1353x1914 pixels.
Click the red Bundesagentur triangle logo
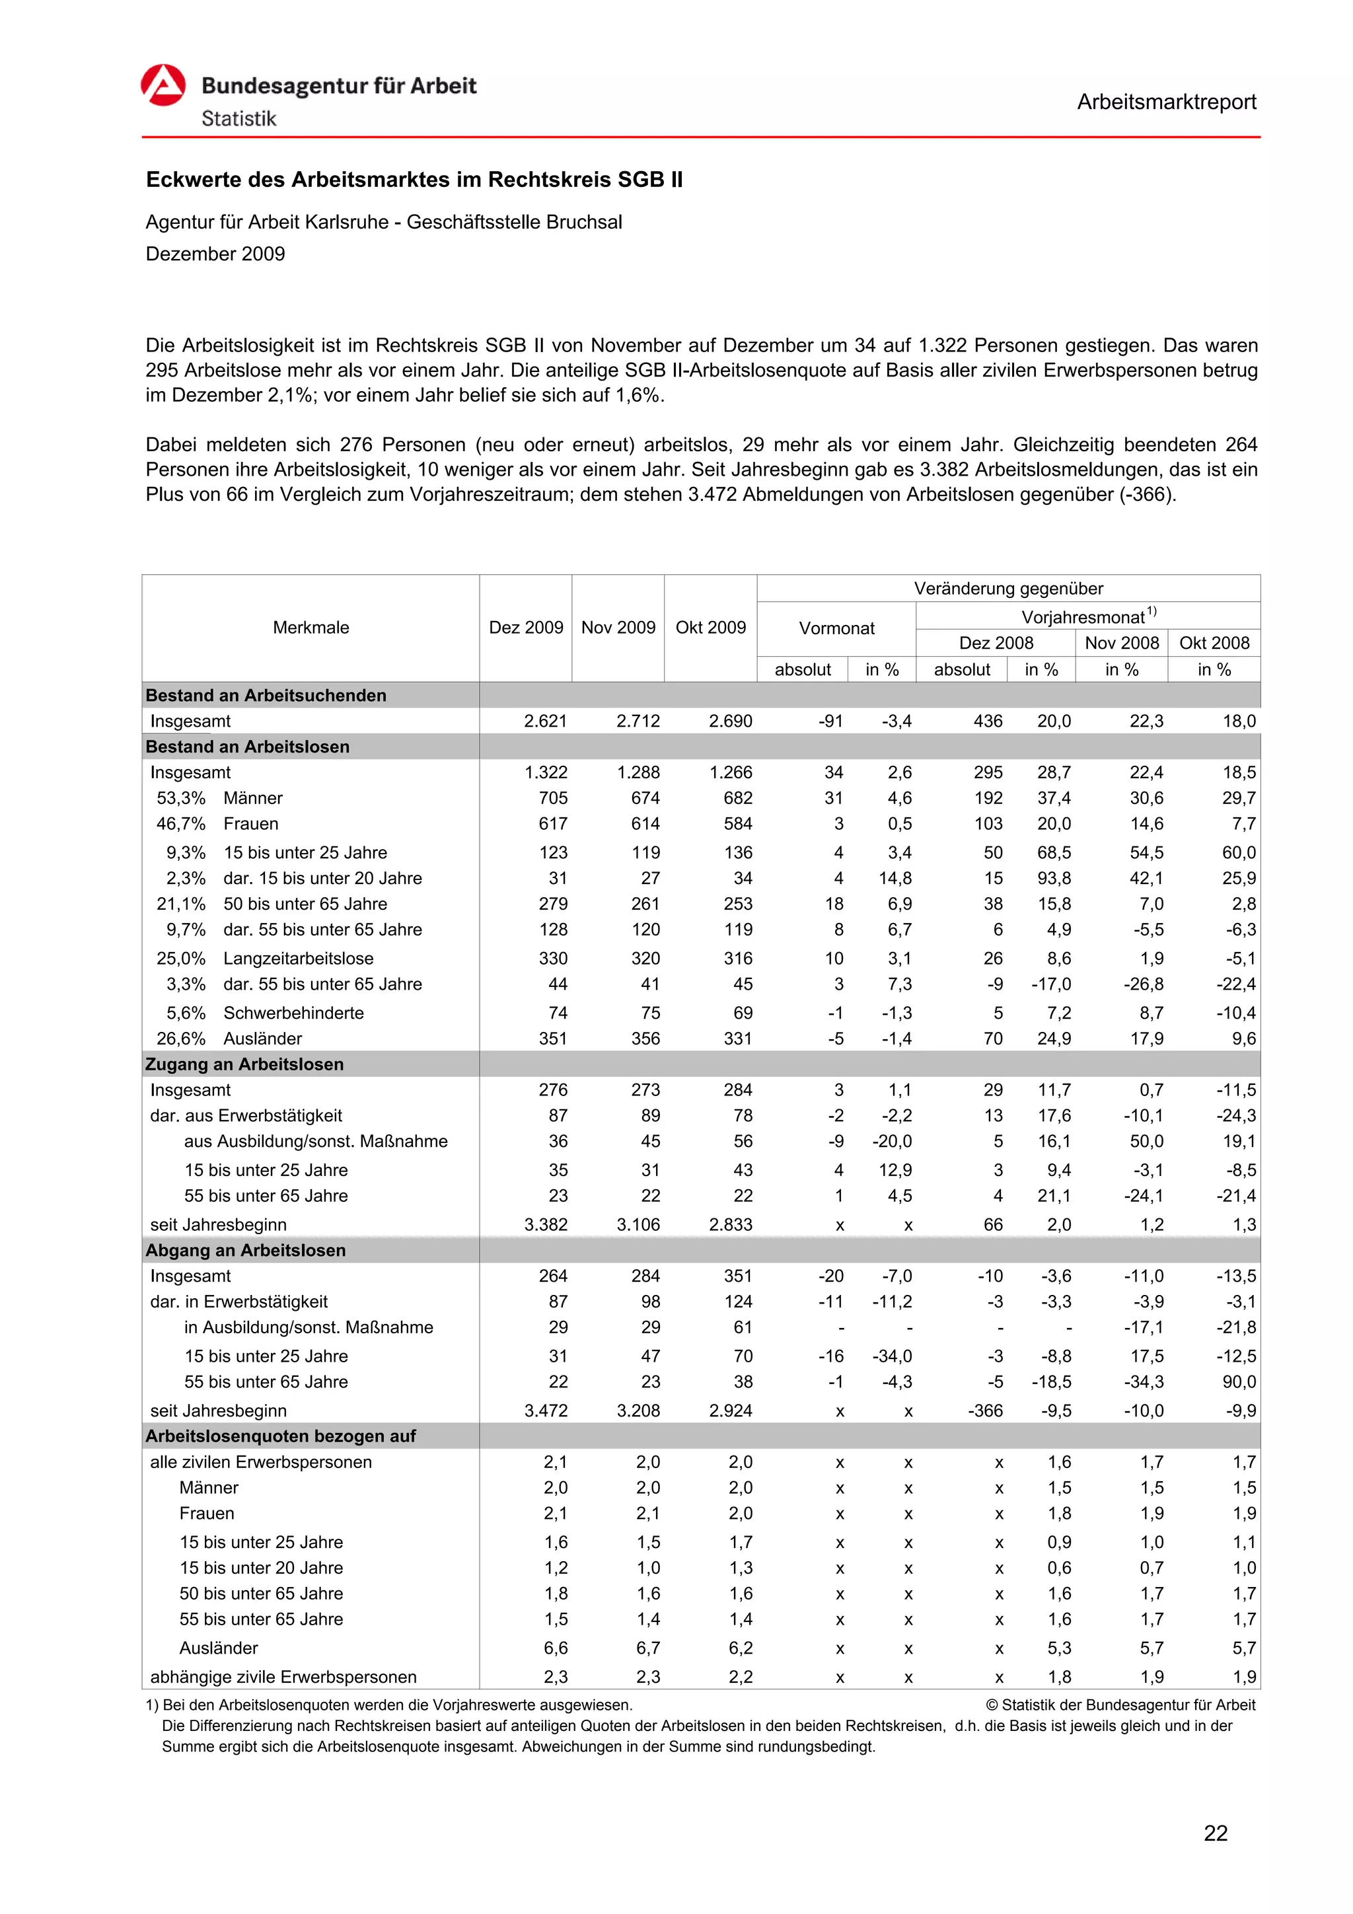click(163, 85)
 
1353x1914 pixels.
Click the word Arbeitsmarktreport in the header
click(1165, 102)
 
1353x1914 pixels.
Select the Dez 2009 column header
click(525, 627)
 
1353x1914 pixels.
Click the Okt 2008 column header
click(1214, 643)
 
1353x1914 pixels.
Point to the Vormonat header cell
click(836, 628)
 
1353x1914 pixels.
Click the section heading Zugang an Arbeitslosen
click(244, 1064)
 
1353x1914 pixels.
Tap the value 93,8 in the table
click(1054, 878)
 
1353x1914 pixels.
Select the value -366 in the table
click(986, 1411)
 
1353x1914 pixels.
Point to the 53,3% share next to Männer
click(181, 798)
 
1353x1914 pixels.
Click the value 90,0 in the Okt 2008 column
click(1238, 1381)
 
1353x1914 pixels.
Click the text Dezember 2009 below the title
click(215, 254)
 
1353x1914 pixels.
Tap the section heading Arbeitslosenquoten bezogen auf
click(280, 1436)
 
